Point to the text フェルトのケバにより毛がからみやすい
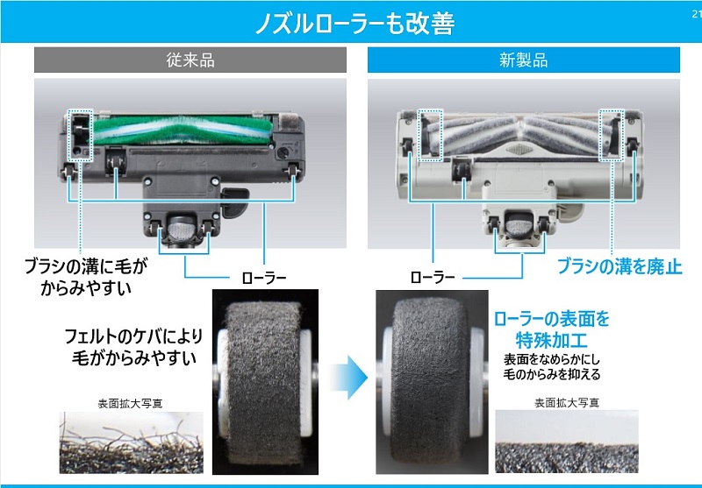tap(131, 346)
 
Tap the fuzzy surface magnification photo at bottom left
tap(131, 443)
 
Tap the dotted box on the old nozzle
tap(81, 136)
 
